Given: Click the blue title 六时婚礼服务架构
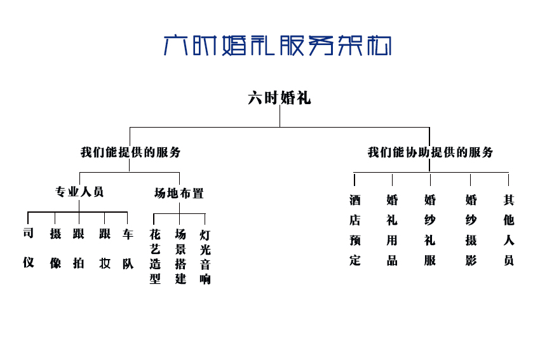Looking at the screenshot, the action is click(x=278, y=46).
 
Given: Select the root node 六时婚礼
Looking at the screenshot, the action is click(x=280, y=98).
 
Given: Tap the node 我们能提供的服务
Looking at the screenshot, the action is click(x=130, y=152).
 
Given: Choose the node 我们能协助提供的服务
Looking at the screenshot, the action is click(x=430, y=152).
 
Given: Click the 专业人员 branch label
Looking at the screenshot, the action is click(x=79, y=192).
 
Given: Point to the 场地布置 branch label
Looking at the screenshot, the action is click(x=179, y=194).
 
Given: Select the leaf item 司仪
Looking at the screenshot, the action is click(x=28, y=248).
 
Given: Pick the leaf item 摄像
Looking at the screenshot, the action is click(x=55, y=248).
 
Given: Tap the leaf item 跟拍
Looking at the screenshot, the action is click(x=79, y=248).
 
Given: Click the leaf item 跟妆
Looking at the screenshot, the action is click(x=105, y=248).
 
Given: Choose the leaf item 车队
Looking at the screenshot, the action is click(x=128, y=249).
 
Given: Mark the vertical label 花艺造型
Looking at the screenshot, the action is click(x=155, y=257).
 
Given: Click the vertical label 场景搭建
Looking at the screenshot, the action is click(x=180, y=257).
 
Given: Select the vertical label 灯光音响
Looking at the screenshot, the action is click(x=205, y=257).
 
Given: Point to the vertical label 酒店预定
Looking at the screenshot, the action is click(x=354, y=230).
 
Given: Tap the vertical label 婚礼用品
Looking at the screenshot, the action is click(x=392, y=230).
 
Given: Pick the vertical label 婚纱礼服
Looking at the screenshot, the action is click(x=430, y=230).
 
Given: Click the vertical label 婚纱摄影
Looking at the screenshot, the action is click(x=471, y=230).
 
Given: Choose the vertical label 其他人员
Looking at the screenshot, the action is click(x=509, y=230).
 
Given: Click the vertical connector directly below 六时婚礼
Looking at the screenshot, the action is click(x=280, y=116).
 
